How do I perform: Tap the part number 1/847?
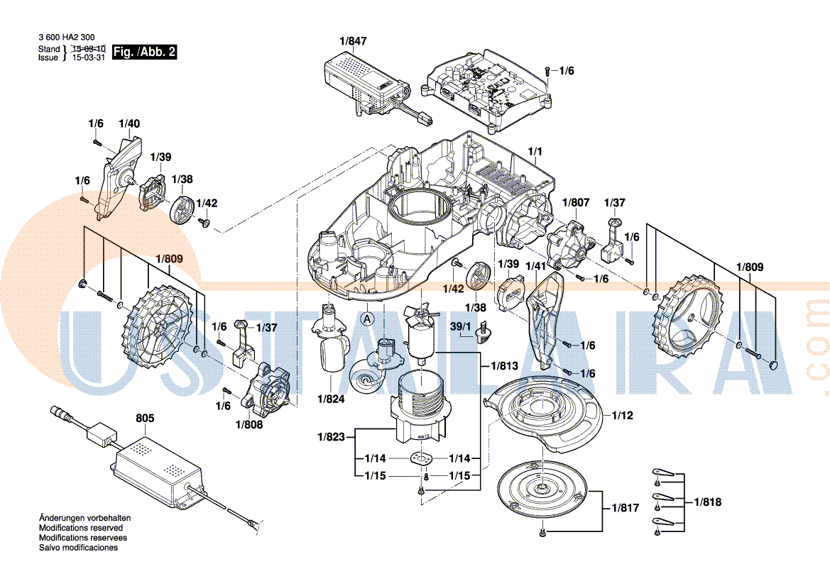coord(353,42)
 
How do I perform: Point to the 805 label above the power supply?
coord(145,419)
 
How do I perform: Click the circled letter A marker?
coord(367,319)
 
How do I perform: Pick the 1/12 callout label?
coord(622,416)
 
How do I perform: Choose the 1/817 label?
coord(625,508)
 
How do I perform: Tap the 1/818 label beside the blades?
coord(708,502)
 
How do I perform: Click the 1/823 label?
coord(332,437)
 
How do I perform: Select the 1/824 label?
coord(331,399)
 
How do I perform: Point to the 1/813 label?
coord(503,366)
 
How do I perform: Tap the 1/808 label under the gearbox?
coord(249,424)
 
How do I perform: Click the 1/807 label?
coord(576,202)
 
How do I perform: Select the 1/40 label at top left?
coord(129,123)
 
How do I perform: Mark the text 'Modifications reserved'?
coord(80,528)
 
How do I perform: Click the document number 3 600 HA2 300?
coord(66,38)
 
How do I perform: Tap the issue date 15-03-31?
coord(88,58)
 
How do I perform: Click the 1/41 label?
coord(535,266)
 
